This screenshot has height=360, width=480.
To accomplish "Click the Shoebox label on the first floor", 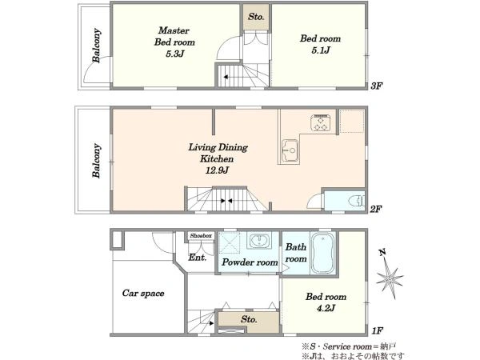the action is (x=201, y=236).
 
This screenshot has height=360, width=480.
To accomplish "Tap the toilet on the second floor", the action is (x=357, y=201).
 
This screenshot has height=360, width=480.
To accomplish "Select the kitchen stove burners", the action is (x=321, y=122).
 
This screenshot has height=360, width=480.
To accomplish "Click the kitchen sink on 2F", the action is (x=290, y=150).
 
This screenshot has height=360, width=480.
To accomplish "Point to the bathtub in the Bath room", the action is (x=323, y=253).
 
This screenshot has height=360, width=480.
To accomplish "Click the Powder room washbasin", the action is (x=260, y=240).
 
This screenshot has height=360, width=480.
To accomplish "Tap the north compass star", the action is (x=389, y=277).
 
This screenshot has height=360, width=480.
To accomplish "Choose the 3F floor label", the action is (x=376, y=86).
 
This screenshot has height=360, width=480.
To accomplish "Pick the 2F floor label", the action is (x=376, y=209).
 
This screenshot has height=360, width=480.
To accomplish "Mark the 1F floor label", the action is (x=378, y=330).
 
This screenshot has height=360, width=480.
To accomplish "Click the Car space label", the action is (x=143, y=293).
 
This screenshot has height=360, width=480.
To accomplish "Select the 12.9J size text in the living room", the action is (x=217, y=170).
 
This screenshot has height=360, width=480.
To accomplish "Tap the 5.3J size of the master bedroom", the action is (x=174, y=54).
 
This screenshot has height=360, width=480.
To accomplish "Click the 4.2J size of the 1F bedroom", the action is (x=326, y=308).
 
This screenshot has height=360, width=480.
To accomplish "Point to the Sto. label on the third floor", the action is (x=256, y=17).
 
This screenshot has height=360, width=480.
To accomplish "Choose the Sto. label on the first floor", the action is (x=249, y=319).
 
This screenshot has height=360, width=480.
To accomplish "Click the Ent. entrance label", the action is (x=198, y=258).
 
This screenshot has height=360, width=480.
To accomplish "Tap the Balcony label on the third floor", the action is (x=97, y=46).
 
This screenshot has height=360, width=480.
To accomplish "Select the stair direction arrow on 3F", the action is (x=226, y=77).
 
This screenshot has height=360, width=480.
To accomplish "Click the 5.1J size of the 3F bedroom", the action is (x=321, y=50).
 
